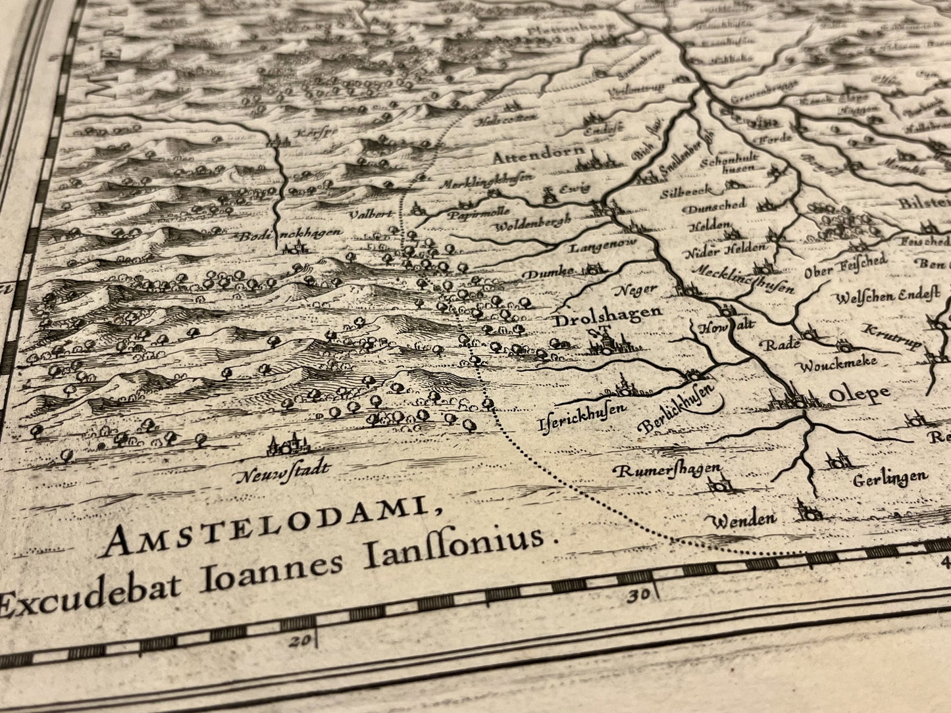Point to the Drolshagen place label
(x=607, y=316)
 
